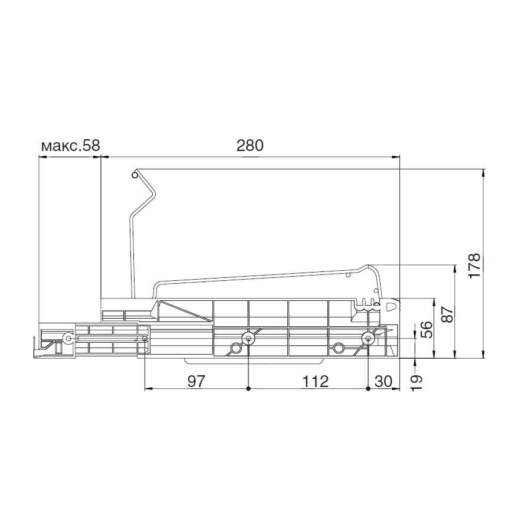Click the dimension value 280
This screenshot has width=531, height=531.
coord(250,145)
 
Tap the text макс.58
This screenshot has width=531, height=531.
coord(70,146)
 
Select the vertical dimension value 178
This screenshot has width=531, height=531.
coord(475,265)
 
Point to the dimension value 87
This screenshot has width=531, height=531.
coord(447,314)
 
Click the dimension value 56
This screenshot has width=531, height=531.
coord(427,329)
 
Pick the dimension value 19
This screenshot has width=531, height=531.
coord(417,383)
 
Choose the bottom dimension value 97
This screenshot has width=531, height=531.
coord(196,382)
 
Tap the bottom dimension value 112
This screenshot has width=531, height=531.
coord(315,382)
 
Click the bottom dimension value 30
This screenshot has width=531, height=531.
coord(383,382)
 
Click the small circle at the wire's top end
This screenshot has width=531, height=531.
coord(135,175)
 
